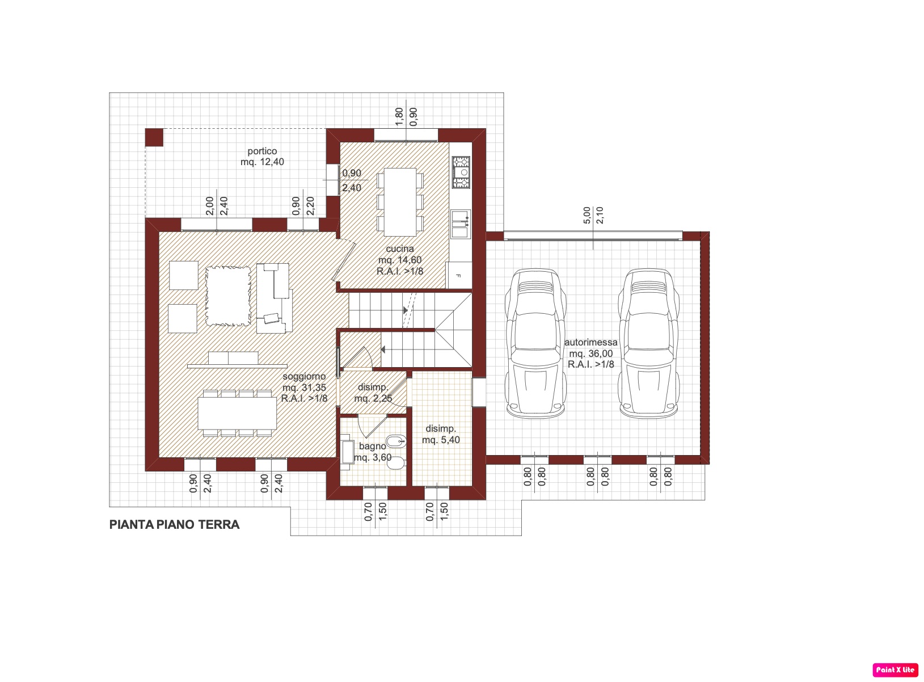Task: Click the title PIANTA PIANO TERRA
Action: [x=174, y=524]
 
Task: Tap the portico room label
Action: [x=262, y=157]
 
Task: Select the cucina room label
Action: [x=400, y=260]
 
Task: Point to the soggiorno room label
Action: [x=304, y=388]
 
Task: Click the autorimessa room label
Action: [x=590, y=353]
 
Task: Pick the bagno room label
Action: [x=373, y=452]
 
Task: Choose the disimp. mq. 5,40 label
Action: [x=441, y=434]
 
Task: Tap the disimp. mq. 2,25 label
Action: [x=373, y=393]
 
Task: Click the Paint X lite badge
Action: [x=895, y=670]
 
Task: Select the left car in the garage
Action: [x=535, y=343]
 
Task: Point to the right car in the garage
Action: [x=649, y=343]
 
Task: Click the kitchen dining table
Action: [x=400, y=202]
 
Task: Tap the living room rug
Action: [x=228, y=296]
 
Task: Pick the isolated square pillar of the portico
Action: [x=154, y=137]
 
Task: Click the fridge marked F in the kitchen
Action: [x=459, y=275]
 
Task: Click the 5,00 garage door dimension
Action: [x=587, y=215]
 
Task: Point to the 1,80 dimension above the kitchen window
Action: [x=399, y=117]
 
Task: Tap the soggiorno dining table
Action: [x=237, y=413]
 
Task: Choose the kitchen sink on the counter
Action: [x=461, y=224]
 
